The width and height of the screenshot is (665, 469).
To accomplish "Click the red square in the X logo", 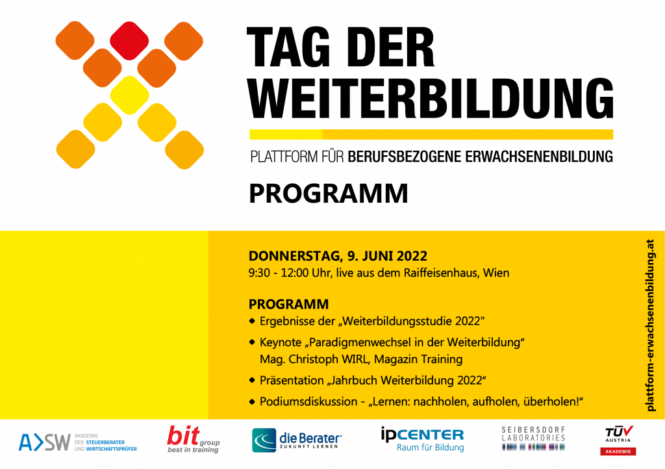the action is click(129, 41).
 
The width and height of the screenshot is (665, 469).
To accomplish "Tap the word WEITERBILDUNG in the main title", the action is click(431, 98).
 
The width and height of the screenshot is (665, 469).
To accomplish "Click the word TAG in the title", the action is click(288, 47).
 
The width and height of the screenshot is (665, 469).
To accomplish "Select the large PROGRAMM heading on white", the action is click(328, 194).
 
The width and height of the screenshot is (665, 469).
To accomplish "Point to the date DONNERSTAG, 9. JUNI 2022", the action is click(338, 256).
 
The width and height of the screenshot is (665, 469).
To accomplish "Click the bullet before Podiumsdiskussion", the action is click(252, 401).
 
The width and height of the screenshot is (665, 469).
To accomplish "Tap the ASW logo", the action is click(78, 442).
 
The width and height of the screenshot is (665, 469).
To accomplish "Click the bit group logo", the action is click(194, 439).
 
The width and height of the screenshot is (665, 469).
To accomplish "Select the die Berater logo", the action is click(297, 440).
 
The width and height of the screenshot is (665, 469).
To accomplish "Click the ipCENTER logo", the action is click(422, 439).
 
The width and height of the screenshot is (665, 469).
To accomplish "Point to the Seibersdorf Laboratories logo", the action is click(534, 438).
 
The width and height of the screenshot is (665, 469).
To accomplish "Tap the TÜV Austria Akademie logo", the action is click(618, 440).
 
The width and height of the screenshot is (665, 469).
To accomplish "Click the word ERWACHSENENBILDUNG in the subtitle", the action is click(539, 157).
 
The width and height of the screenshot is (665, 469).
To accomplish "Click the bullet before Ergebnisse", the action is click(252, 321).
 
